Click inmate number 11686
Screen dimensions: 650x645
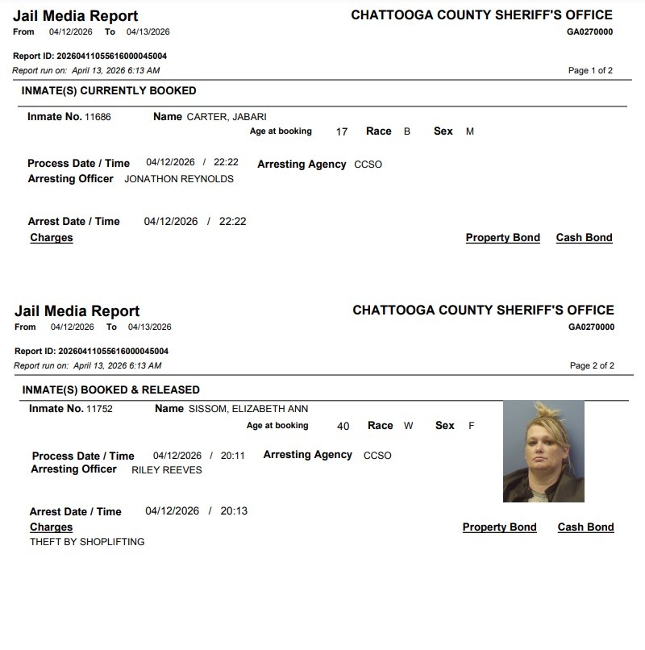(x=98, y=117)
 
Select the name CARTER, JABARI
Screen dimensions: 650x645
(x=227, y=117)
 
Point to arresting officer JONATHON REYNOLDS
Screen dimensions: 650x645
(x=178, y=179)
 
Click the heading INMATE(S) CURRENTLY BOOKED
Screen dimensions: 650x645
(x=108, y=90)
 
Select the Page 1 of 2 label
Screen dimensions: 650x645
(x=590, y=71)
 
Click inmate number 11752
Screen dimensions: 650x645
(x=99, y=409)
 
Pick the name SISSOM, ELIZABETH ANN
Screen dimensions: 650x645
(x=248, y=409)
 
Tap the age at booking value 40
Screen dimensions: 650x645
(x=343, y=427)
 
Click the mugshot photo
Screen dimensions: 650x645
(x=543, y=452)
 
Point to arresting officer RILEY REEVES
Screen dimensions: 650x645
(x=166, y=470)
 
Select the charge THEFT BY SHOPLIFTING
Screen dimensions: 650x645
(x=87, y=542)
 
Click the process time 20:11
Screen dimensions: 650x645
(x=232, y=456)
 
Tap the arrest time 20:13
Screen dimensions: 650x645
(x=234, y=511)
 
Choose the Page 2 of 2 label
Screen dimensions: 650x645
(x=592, y=366)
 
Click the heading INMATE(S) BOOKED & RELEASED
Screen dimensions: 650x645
(x=110, y=390)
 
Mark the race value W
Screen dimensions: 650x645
(x=408, y=426)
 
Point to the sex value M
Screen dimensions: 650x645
(x=470, y=131)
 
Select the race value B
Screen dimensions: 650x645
(x=407, y=131)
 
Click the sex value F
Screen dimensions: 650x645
(x=472, y=426)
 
